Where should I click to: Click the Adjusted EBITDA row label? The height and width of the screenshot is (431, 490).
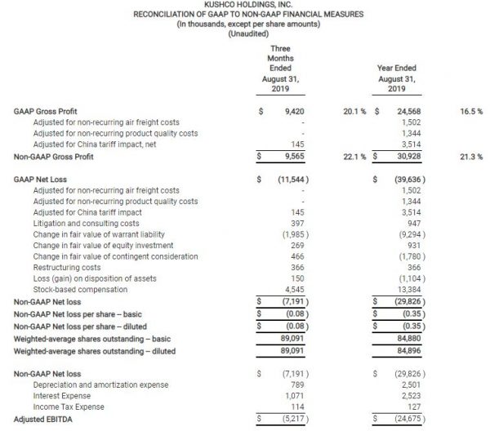[43, 418]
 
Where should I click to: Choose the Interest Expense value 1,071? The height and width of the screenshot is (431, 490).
[292, 397]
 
